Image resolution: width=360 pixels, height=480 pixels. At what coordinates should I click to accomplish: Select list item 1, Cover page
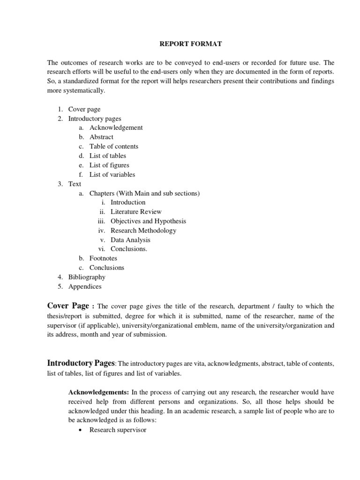(x=84, y=109)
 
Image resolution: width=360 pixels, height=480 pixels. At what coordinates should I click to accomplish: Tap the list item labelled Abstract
(x=102, y=137)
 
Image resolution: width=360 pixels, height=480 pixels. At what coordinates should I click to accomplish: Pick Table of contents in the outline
(x=114, y=146)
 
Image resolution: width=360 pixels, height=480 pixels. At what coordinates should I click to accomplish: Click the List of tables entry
(x=108, y=156)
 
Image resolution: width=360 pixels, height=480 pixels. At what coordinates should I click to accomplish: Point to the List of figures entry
(x=109, y=165)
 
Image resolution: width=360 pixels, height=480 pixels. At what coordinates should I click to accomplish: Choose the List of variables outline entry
(x=112, y=174)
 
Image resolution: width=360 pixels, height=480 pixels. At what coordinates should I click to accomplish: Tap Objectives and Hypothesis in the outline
(x=148, y=221)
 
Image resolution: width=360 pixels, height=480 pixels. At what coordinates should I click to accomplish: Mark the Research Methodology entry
(x=143, y=231)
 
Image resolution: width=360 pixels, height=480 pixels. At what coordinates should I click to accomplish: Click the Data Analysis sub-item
(x=130, y=240)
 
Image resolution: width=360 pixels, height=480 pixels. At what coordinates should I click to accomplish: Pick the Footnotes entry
(x=104, y=258)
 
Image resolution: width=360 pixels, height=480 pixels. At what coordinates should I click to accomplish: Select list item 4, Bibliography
(x=87, y=277)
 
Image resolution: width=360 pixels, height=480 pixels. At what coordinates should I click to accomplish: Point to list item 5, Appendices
(x=85, y=286)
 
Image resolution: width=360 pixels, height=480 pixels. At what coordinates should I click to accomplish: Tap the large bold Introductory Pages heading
(x=81, y=363)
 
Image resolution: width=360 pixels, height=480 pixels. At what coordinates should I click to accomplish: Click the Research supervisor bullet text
(x=118, y=429)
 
